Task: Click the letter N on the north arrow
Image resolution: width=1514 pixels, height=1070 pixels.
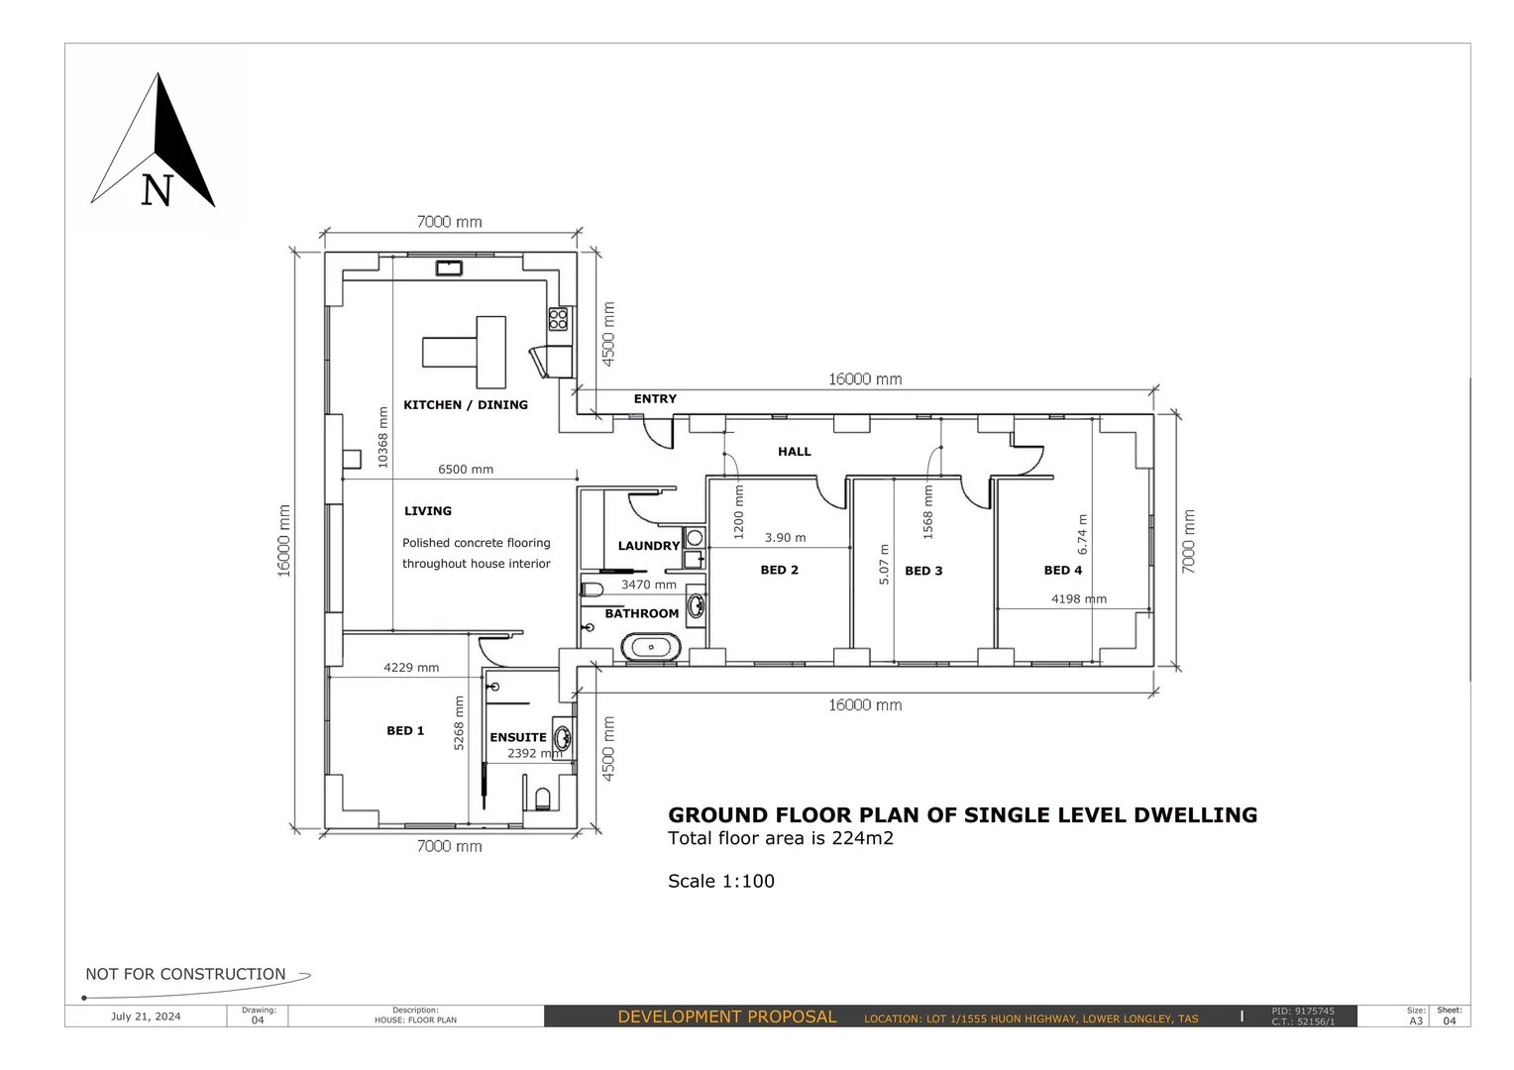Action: [157, 190]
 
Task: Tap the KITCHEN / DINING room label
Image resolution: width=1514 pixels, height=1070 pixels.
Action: [465, 404]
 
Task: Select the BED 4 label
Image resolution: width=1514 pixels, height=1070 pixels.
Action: [1062, 570]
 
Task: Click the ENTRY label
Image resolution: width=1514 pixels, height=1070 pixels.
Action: [655, 398]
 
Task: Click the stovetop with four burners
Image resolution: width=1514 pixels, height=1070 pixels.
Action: [559, 318]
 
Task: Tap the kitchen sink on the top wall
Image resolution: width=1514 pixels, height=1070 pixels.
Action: [450, 267]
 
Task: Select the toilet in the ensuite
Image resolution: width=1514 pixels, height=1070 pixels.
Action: [542, 798]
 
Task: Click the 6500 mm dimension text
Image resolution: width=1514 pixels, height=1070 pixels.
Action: [466, 470]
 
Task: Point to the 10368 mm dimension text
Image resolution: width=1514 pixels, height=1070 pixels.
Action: [383, 437]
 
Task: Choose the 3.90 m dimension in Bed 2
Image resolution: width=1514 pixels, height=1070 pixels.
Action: [785, 538]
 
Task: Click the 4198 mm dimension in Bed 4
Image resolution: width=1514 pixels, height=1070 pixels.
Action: [1078, 598]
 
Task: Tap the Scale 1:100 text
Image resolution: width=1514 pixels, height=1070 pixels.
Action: [720, 881]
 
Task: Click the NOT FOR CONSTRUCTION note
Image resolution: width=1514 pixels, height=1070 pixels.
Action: [185, 974]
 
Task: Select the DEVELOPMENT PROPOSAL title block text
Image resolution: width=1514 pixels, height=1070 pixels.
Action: [726, 1016]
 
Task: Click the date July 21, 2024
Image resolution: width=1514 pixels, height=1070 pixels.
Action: [146, 1016]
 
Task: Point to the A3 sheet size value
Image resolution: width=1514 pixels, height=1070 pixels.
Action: [1416, 1020]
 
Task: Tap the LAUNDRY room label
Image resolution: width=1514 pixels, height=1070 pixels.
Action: [648, 546]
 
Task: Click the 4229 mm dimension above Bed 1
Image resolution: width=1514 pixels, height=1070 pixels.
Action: [411, 668]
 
